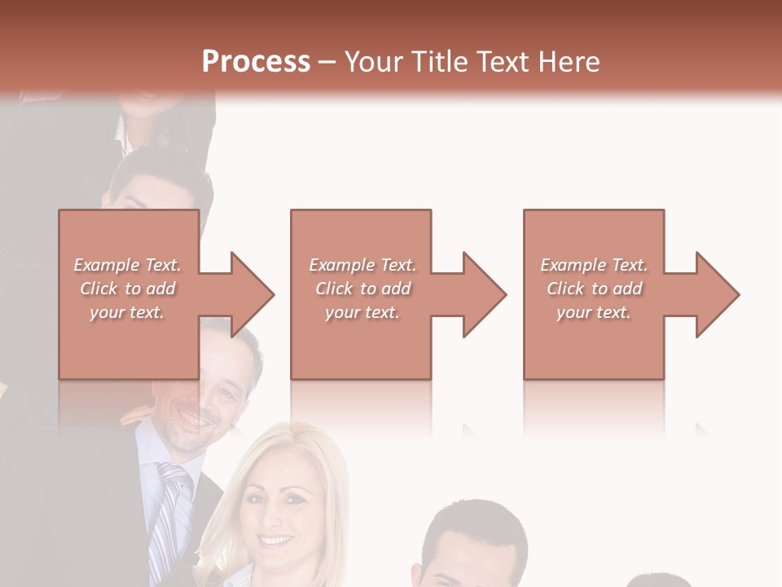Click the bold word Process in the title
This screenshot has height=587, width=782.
[256, 62]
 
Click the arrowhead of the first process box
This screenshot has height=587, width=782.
[252, 294]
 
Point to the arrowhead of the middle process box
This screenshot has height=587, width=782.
[484, 294]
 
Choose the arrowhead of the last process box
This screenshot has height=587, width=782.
[717, 294]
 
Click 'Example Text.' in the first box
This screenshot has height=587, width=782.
[127, 265]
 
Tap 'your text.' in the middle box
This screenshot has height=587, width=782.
[362, 312]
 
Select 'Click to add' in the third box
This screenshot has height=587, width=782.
[594, 289]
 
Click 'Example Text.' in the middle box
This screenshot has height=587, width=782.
[362, 265]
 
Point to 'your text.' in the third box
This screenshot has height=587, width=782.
[594, 312]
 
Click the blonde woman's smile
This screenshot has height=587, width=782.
[277, 541]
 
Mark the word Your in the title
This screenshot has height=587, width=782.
[374, 62]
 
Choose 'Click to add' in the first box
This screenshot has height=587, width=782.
[127, 289]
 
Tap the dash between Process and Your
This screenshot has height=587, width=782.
[327, 62]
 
